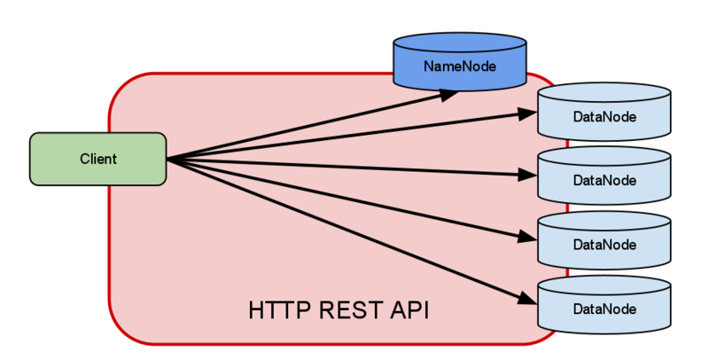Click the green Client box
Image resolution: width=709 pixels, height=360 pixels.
tap(97, 160)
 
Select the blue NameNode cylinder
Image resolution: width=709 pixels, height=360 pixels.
tap(459, 67)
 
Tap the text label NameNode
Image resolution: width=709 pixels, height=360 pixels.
tap(459, 67)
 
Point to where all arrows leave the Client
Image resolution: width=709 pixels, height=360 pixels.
tap(168, 160)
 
